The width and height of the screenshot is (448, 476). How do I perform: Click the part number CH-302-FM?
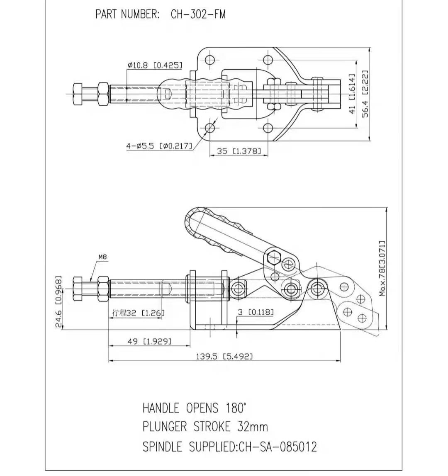click(198, 14)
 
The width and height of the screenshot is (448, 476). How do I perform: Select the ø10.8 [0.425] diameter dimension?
click(155, 65)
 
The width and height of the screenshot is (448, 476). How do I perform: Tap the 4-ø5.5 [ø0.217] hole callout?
click(159, 146)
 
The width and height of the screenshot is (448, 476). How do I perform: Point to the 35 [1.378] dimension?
click(239, 151)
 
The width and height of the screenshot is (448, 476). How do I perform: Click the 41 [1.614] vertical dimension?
click(352, 94)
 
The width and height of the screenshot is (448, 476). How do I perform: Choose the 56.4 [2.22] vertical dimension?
click(365, 94)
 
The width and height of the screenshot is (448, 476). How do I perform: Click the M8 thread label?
click(102, 257)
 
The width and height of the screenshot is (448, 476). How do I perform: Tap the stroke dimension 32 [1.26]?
click(138, 313)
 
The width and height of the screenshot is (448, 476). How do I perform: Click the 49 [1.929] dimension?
click(149, 341)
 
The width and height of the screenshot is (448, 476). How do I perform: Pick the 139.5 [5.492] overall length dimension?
click(224, 356)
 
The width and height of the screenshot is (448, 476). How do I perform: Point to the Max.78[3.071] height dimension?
click(382, 269)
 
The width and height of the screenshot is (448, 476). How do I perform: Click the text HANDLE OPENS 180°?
click(194, 408)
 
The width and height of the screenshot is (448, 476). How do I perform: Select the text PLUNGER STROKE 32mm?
click(205, 427)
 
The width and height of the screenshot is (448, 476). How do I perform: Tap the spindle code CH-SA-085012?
click(278, 447)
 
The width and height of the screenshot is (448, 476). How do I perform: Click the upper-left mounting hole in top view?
click(209, 59)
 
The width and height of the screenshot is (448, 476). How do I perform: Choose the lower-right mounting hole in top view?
click(267, 128)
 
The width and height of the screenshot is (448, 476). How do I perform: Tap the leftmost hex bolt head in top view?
click(78, 94)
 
